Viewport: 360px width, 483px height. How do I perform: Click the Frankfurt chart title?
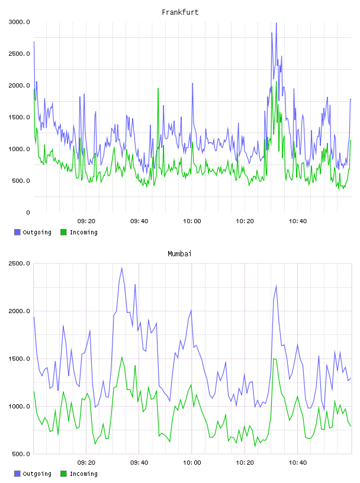point(180,12)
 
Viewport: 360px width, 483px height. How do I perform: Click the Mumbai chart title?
point(179,254)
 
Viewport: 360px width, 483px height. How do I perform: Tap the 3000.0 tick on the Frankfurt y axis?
point(20,22)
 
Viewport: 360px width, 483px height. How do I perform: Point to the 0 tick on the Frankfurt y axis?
point(28,212)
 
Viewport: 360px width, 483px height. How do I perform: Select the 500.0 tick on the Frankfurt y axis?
point(21,181)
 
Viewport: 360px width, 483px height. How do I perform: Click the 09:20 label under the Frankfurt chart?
point(86,221)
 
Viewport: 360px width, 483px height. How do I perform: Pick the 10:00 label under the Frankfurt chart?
point(192,221)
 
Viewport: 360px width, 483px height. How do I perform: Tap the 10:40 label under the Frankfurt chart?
point(298,221)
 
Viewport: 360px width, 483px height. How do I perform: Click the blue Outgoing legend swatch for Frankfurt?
point(17,232)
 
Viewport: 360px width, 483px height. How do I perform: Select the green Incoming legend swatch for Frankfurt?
point(63,232)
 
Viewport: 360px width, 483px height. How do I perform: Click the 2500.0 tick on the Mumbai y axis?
point(20,263)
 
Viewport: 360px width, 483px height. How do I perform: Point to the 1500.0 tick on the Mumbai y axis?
point(20,359)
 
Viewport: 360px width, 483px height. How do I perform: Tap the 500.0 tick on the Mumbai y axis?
point(21,454)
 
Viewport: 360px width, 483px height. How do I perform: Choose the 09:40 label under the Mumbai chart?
point(139,463)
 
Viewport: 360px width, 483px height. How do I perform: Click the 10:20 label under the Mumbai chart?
point(245,463)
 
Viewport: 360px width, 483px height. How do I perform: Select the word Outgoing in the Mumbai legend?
point(37,474)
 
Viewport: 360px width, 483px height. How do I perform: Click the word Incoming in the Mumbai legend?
point(83,474)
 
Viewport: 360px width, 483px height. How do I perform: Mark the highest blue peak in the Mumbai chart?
point(122,268)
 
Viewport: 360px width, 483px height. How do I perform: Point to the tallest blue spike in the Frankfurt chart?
point(276,23)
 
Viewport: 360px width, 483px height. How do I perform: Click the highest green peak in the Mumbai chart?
point(122,358)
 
